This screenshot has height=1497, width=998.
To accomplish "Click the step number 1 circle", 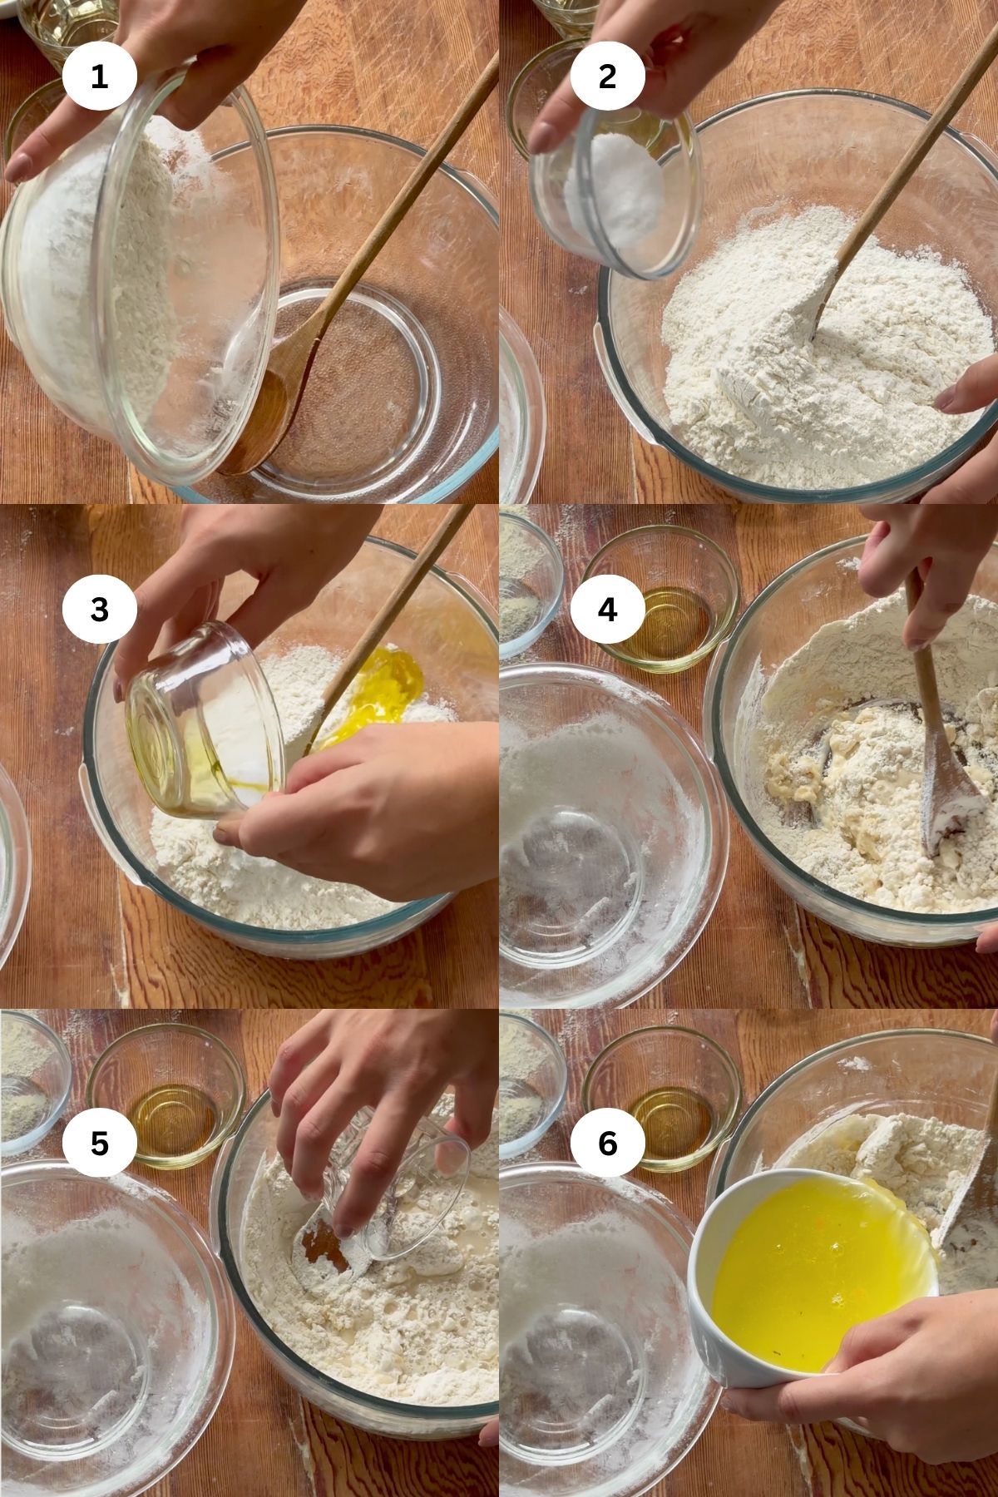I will tap(99, 77).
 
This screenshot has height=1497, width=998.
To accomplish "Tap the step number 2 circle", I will tap(607, 77).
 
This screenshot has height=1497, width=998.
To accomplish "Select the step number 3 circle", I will tap(99, 609).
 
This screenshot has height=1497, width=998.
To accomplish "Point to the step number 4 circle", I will tap(607, 609).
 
